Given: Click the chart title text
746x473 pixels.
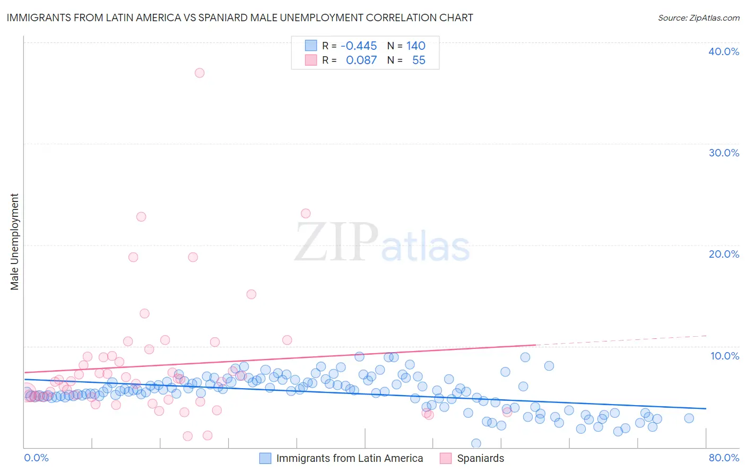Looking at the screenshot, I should pyautogui.click(x=240, y=18).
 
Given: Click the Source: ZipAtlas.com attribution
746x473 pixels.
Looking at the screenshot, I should pyautogui.click(x=698, y=18).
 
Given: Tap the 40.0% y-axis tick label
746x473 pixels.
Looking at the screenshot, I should pyautogui.click(x=723, y=51).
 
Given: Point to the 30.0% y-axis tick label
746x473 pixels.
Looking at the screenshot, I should pyautogui.click(x=723, y=153).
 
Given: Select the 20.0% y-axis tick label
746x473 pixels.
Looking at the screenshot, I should pyautogui.click(x=723, y=254).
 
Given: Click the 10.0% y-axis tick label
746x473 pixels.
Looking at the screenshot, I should pyautogui.click(x=724, y=356).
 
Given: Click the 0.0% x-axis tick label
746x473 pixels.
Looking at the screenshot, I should pyautogui.click(x=36, y=458).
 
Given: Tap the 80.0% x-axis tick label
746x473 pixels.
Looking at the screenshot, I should pyautogui.click(x=724, y=458).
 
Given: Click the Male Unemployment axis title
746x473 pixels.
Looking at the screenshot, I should pyautogui.click(x=15, y=242).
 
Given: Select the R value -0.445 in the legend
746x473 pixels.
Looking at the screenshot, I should pyautogui.click(x=359, y=46).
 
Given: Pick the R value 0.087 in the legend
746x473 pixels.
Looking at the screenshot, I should pyautogui.click(x=361, y=60).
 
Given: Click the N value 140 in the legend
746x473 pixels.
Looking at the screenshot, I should pyautogui.click(x=416, y=46).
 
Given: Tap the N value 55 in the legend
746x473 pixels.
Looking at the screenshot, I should pyautogui.click(x=419, y=60).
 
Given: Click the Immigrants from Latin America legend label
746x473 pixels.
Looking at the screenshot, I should pyautogui.click(x=349, y=458).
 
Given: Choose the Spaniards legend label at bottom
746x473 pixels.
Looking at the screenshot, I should pyautogui.click(x=480, y=458).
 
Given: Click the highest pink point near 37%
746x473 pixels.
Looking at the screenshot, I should pyautogui.click(x=199, y=73).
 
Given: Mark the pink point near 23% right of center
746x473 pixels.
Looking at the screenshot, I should pyautogui.click(x=306, y=213).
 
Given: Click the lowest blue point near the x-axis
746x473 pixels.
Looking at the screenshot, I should pyautogui.click(x=476, y=443).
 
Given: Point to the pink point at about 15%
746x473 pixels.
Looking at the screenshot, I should pyautogui.click(x=251, y=294).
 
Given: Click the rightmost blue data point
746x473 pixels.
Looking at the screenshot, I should pyautogui.click(x=689, y=418).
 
